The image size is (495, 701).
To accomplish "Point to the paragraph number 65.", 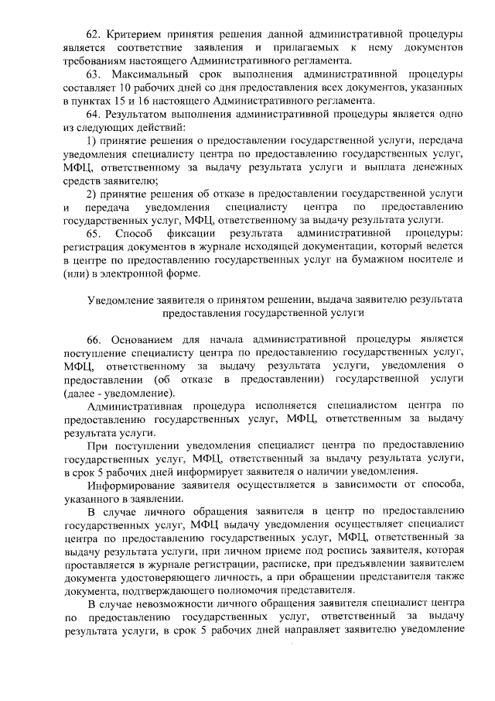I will [94, 233].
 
